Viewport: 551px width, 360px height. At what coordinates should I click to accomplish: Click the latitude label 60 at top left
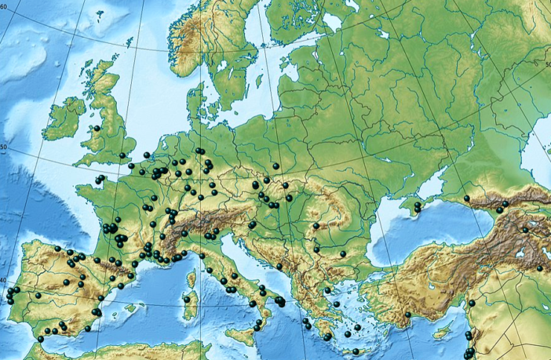pyautogui.click(x=5, y=6)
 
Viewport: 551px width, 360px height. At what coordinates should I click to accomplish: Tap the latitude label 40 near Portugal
pyautogui.click(x=4, y=281)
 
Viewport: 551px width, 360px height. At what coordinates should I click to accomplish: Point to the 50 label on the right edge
pyautogui.click(x=546, y=64)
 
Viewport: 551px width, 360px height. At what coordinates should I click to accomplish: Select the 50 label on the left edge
pyautogui.click(x=4, y=147)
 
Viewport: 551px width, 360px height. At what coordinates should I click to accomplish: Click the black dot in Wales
pyautogui.click(x=97, y=128)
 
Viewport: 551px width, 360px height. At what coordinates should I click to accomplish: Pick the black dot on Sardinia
pyautogui.click(x=185, y=298)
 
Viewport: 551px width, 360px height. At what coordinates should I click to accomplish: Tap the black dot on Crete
pyautogui.click(x=356, y=351)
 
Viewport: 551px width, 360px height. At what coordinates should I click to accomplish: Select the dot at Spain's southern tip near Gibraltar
pyautogui.click(x=41, y=339)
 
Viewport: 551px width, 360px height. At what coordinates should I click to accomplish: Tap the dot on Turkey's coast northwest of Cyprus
pyautogui.click(x=409, y=315)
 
